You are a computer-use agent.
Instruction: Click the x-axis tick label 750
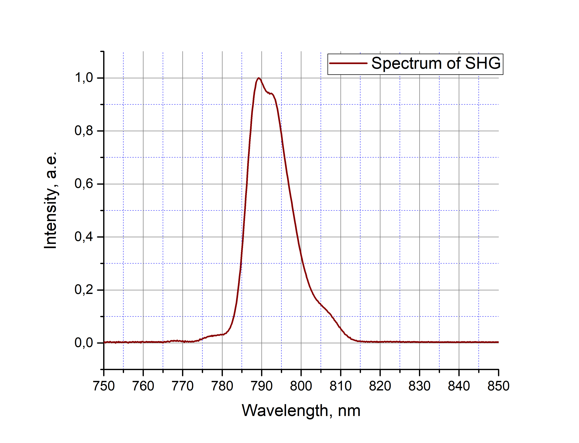[x=104, y=386]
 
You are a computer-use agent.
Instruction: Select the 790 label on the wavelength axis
[x=262, y=386]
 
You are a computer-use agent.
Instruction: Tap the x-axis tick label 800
[x=301, y=386]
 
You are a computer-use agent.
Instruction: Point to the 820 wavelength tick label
[x=380, y=386]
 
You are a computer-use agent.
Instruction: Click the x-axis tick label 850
[x=498, y=386]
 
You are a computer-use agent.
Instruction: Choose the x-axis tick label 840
[x=459, y=386]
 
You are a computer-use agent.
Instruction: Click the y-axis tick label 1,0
[x=84, y=78]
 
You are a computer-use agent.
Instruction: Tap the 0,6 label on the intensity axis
[x=84, y=184]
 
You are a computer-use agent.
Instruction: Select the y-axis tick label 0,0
[x=84, y=343]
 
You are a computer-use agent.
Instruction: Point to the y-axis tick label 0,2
[x=84, y=290]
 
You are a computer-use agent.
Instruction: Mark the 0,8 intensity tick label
[x=84, y=131]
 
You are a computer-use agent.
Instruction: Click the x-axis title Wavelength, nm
[x=301, y=411]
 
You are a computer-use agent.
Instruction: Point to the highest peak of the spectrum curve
[x=259, y=78]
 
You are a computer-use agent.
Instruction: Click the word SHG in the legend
[x=482, y=64]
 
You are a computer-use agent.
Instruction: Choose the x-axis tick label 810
[x=340, y=386]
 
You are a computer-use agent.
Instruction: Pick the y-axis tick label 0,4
[x=84, y=237]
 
